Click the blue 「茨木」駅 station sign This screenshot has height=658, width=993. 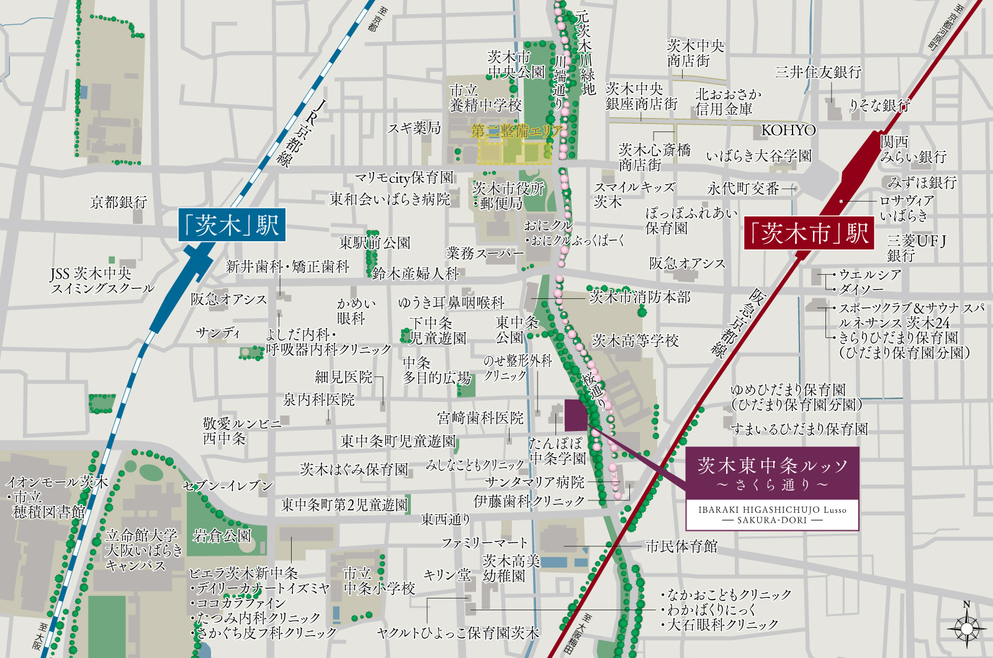[x=231, y=225]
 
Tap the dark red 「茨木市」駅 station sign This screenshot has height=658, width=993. [x=808, y=233]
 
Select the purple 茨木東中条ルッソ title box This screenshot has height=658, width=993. [x=772, y=473]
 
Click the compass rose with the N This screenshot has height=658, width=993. [x=966, y=627]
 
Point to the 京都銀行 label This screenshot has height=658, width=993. [x=119, y=202]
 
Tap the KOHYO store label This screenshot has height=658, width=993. [x=788, y=130]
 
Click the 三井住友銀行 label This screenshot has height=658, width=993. [x=818, y=72]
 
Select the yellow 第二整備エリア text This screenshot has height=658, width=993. [x=516, y=131]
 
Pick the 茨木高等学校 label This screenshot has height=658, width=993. [x=635, y=340]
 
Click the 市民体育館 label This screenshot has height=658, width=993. [x=681, y=546]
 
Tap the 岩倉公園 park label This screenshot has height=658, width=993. [x=222, y=535]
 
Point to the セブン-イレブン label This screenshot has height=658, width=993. [x=228, y=486]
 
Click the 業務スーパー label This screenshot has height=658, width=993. [x=485, y=253]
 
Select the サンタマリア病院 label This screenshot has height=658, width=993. [x=534, y=482]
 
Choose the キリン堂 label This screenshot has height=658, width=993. [x=447, y=575]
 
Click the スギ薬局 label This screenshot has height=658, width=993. [x=414, y=128]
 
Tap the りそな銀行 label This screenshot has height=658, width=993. [x=879, y=105]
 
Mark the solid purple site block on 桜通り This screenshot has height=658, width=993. [x=575, y=415]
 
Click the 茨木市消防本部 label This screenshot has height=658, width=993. [x=639, y=297]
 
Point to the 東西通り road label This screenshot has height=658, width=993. [x=446, y=519]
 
